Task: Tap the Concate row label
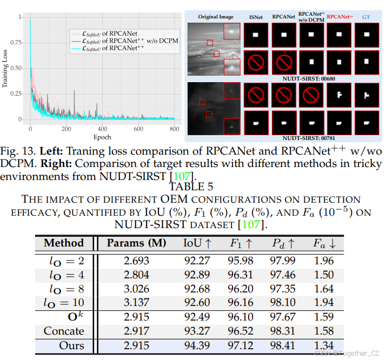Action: coord(64,330)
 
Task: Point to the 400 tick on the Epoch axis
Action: coord(103,129)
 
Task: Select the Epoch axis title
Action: coord(103,137)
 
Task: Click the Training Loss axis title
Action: coord(5,69)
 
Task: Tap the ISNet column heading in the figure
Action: coord(256,17)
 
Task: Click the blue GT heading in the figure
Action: coord(366,17)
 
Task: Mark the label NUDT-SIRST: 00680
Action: coord(309,78)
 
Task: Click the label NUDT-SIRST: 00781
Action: coord(309,138)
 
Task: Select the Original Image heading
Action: coord(215,17)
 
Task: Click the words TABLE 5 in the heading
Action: coord(191,187)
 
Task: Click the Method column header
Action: coord(64,243)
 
